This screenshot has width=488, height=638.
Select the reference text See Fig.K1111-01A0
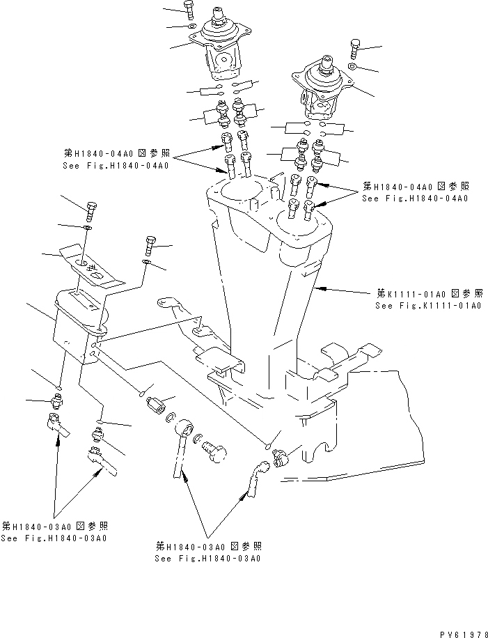[428, 306]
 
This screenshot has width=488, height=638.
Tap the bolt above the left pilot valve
[190, 9]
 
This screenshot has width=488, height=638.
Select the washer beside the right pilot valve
[353, 67]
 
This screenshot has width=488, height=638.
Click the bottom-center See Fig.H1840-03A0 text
[208, 559]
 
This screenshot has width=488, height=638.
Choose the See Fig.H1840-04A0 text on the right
[414, 199]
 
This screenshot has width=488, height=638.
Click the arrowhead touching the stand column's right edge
[319, 286]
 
